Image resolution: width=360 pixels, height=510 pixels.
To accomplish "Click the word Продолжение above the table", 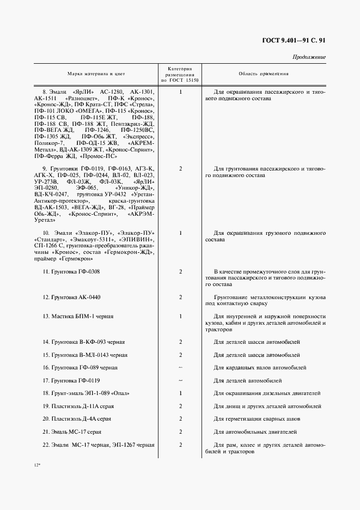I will coord(309,57).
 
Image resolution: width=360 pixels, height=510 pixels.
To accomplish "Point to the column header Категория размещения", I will coord(180,74).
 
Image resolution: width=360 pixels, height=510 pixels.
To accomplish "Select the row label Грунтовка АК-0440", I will coord(71,297).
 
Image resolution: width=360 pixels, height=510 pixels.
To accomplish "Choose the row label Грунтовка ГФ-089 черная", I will coord(80,367).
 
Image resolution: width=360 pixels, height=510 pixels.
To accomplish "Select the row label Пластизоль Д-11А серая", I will coord(78,406).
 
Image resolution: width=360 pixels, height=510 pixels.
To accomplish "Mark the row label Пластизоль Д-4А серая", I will coord(77,419).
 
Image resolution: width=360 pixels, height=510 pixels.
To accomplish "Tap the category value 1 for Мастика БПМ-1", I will coord(180,316).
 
